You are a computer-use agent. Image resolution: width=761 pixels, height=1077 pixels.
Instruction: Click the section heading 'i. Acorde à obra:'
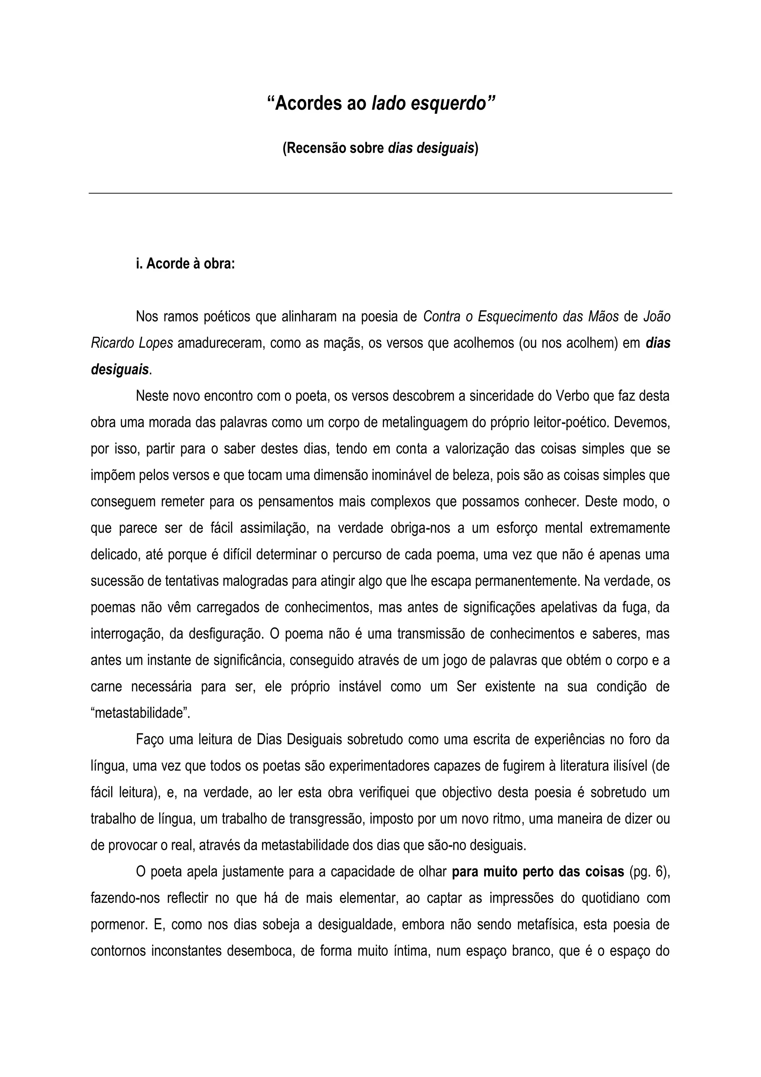tap(185, 264)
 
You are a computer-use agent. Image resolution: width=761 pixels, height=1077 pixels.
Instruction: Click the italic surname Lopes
tap(156, 343)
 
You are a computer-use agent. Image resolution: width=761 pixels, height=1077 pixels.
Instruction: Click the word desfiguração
tap(224, 634)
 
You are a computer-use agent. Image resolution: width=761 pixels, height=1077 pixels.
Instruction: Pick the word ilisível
tap(625, 766)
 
